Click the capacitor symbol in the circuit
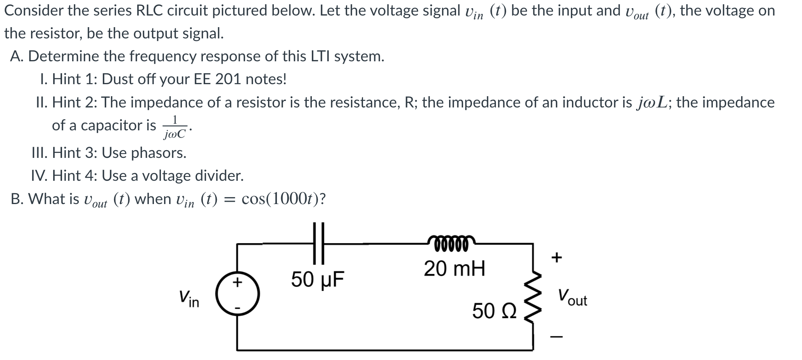pyautogui.click(x=319, y=243)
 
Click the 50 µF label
pyautogui.click(x=318, y=279)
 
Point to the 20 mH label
pyautogui.click(x=454, y=268)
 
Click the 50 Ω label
pyautogui.click(x=494, y=311)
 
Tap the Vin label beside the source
pyautogui.click(x=189, y=299)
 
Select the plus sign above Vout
pyautogui.click(x=556, y=257)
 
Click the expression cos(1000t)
pyautogui.click(x=283, y=199)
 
